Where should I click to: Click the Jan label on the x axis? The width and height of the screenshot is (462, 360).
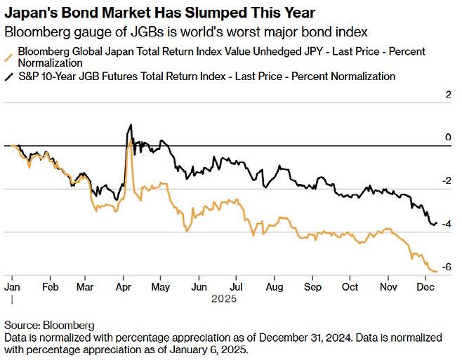[x=13, y=287]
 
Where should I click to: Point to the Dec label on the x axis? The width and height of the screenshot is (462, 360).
[x=424, y=287]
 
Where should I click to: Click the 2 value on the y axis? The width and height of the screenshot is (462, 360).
[x=448, y=95]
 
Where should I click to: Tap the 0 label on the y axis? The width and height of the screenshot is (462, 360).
[x=448, y=138]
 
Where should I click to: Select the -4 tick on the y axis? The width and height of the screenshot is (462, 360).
[x=446, y=224]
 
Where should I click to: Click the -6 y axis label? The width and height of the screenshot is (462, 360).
[x=446, y=267]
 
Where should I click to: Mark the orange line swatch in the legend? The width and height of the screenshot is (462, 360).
[x=8, y=56]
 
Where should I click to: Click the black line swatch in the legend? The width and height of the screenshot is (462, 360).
[x=8, y=76]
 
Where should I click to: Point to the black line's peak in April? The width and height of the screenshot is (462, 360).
[x=131, y=126]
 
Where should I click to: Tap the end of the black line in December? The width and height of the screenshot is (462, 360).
[x=437, y=223]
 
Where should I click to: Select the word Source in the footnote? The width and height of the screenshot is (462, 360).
[x=22, y=326]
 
